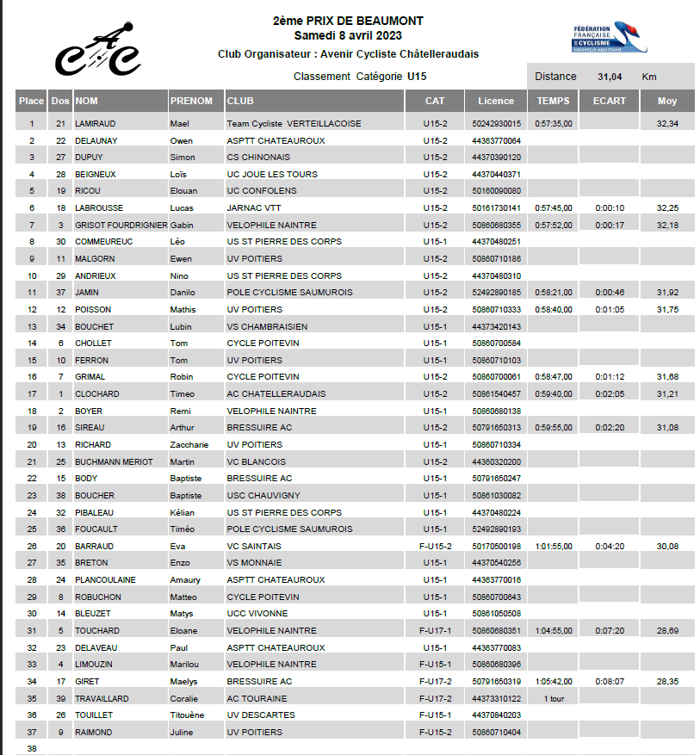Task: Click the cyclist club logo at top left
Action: (x=97, y=49)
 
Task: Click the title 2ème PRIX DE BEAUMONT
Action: (x=348, y=21)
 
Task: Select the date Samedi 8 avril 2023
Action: (x=348, y=35)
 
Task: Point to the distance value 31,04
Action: (x=610, y=77)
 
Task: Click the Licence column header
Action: (x=495, y=101)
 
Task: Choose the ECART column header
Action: (x=610, y=101)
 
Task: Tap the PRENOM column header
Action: (x=191, y=101)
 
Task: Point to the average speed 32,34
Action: (x=667, y=124)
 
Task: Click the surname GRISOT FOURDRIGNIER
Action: (x=121, y=226)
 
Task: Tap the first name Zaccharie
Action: (x=189, y=445)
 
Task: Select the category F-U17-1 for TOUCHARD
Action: (x=435, y=631)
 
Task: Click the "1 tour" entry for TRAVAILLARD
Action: (x=554, y=699)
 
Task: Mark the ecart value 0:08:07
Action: (x=610, y=682)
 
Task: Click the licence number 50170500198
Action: (x=497, y=547)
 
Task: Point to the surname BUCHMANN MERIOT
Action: (x=115, y=462)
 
